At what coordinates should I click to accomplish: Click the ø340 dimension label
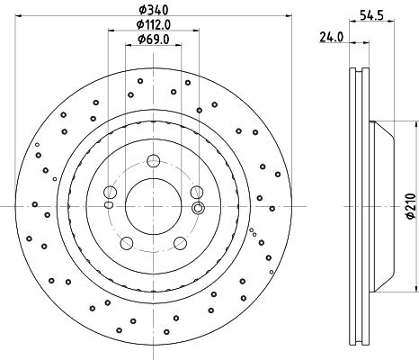point(154,10)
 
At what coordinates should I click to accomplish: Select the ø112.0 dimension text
point(154,24)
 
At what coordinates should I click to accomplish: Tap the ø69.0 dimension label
point(154,39)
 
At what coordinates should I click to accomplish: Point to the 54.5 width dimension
point(372,15)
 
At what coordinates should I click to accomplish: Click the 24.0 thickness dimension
point(331,37)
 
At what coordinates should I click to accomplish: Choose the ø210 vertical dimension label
point(412,206)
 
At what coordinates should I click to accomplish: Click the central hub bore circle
point(154,206)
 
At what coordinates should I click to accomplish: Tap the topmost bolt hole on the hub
point(154,161)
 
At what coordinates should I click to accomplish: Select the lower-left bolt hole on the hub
point(127,243)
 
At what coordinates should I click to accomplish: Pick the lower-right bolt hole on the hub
point(180,243)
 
